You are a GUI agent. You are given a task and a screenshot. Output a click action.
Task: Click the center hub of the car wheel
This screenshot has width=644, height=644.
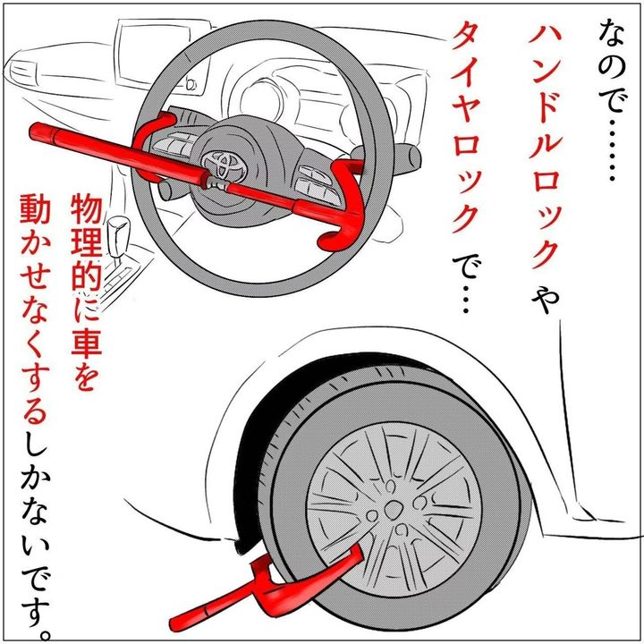pyautogui.click(x=392, y=509)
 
